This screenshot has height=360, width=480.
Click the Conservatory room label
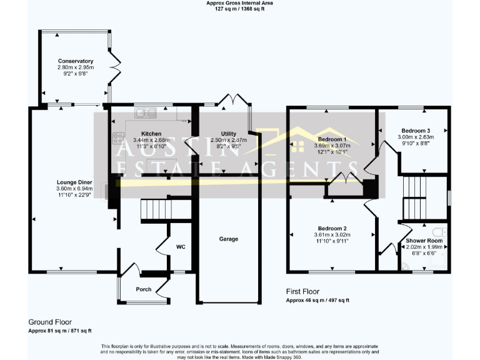coord(75,61)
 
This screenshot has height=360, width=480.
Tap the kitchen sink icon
coord(146,112)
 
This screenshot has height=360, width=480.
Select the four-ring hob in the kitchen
coord(117,138)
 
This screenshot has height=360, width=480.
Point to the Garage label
coord(228,239)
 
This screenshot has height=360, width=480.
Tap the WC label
coord(181,247)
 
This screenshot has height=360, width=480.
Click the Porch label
coord(144,289)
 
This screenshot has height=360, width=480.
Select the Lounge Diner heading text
coord(74,181)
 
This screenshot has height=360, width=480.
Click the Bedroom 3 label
coord(416,130)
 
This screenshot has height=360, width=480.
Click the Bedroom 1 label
coord(332,139)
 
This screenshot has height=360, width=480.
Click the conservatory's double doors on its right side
coord(113,67)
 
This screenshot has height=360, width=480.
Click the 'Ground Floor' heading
coord(49,322)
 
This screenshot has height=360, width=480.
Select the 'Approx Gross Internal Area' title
coord(239,3)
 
